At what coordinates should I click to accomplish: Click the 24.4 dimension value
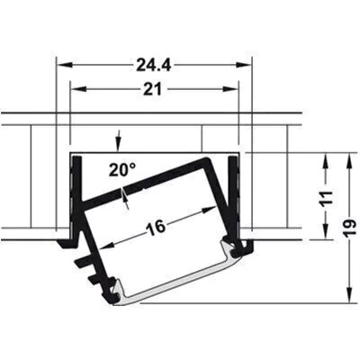coord(154,65)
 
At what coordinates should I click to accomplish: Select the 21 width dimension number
coord(152,89)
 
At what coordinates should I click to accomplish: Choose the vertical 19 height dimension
coord(350,229)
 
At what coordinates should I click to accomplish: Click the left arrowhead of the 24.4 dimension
coord(65,65)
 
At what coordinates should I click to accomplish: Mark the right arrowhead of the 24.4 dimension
coord(243,65)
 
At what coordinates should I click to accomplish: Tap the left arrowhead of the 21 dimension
coord(77,89)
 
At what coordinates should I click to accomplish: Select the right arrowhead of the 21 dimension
coord(230,89)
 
